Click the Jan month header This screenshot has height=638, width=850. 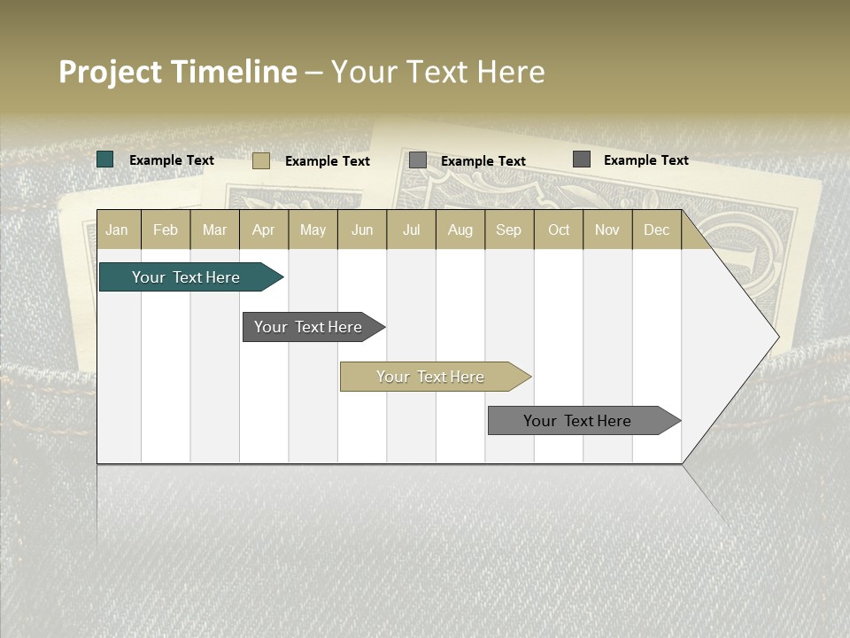tap(118, 230)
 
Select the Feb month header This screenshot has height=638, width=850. tap(166, 230)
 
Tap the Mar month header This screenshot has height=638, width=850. tap(214, 230)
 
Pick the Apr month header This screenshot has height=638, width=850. tap(264, 230)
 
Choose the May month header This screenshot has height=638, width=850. tap(313, 230)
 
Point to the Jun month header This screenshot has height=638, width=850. tap(362, 230)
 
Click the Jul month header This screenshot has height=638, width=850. tap(411, 230)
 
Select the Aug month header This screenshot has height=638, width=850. tap(460, 230)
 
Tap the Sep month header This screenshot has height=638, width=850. tap(509, 230)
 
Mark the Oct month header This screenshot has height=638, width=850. tap(559, 230)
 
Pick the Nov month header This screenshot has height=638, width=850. tap(607, 230)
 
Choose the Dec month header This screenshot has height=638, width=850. tap(656, 230)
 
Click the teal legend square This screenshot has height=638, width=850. tap(105, 159)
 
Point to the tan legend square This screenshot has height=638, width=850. tap(261, 160)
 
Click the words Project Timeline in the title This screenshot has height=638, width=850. tap(178, 72)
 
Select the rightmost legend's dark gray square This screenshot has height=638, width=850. tap(582, 159)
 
